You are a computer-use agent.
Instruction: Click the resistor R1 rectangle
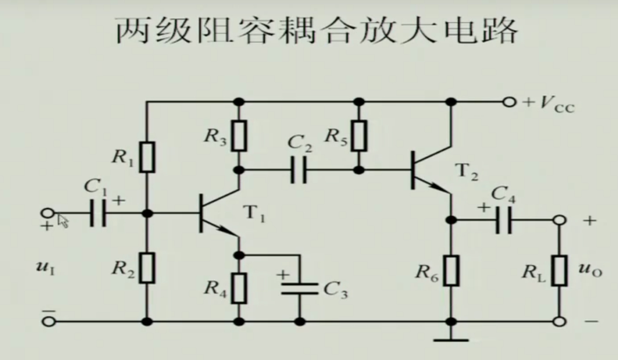pos(148,157)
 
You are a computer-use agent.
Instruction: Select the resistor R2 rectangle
pos(148,268)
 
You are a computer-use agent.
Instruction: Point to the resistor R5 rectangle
pos(360,136)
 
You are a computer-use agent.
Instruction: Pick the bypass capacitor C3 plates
pos(299,288)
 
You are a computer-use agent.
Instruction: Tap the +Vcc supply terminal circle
pos(510,102)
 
